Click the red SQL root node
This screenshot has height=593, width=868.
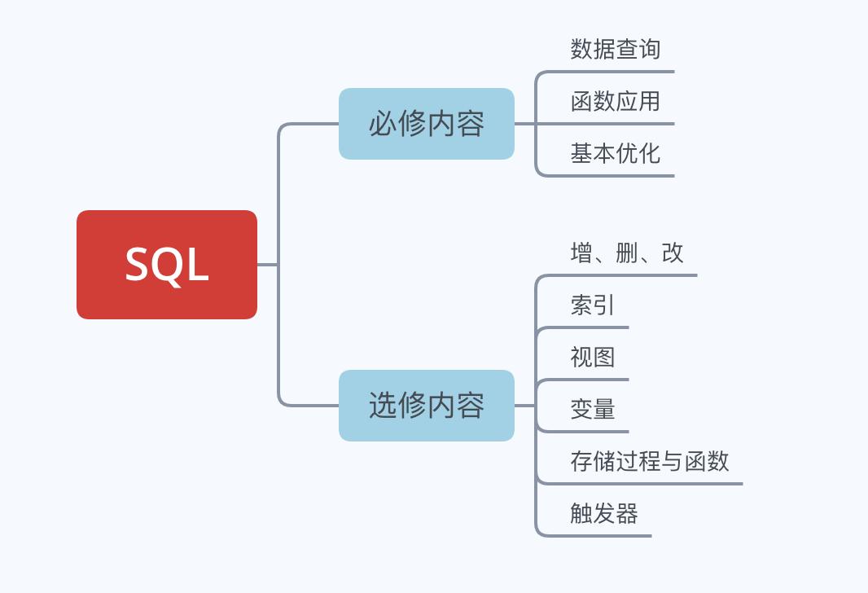[167, 265]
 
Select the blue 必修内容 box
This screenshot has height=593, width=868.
[427, 124]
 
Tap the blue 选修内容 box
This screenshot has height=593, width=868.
[427, 406]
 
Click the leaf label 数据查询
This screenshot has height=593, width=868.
[616, 49]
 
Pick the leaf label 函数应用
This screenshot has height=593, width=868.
[616, 101]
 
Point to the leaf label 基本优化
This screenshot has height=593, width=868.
[616, 153]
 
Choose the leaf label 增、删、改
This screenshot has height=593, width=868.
[627, 253]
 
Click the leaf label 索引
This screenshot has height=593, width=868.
[593, 305]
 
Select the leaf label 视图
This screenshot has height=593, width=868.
[593, 357]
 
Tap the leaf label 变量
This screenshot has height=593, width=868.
[593, 409]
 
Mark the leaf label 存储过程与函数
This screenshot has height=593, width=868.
[650, 461]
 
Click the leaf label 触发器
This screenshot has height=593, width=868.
[604, 513]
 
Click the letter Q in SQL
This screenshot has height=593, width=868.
[169, 266]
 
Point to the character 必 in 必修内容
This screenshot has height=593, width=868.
[383, 124]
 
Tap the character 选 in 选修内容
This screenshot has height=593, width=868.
[383, 406]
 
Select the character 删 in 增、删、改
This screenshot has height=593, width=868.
[627, 253]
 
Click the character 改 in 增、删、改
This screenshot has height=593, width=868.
[673, 253]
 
